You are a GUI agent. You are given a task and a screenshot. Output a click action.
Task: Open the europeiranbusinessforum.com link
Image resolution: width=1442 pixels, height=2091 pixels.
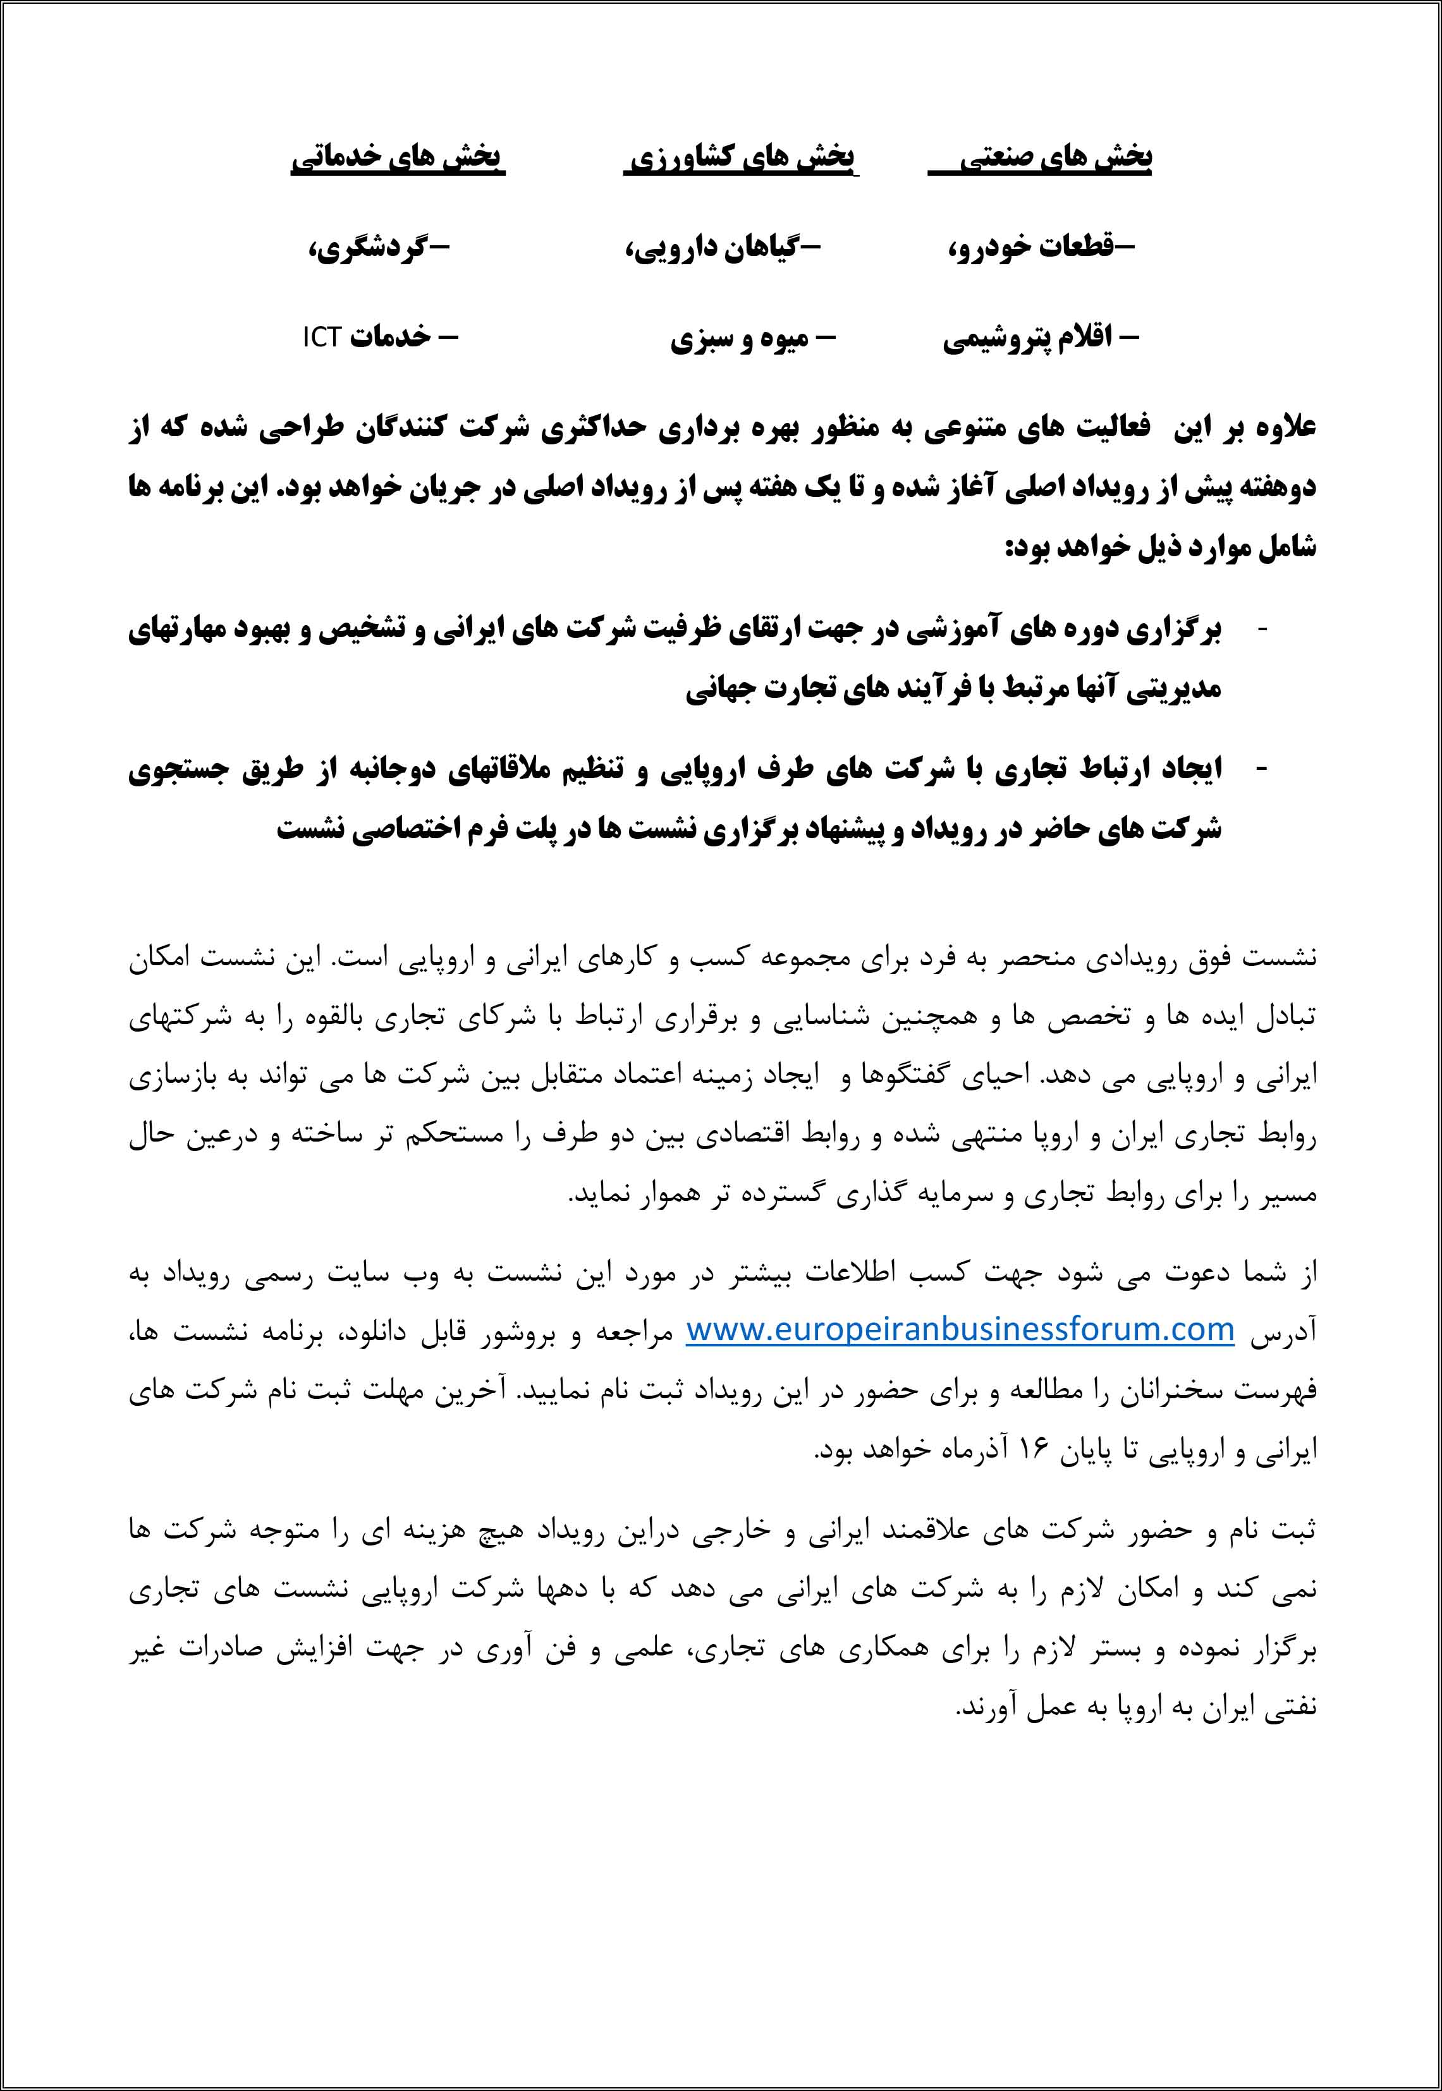tap(960, 1329)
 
